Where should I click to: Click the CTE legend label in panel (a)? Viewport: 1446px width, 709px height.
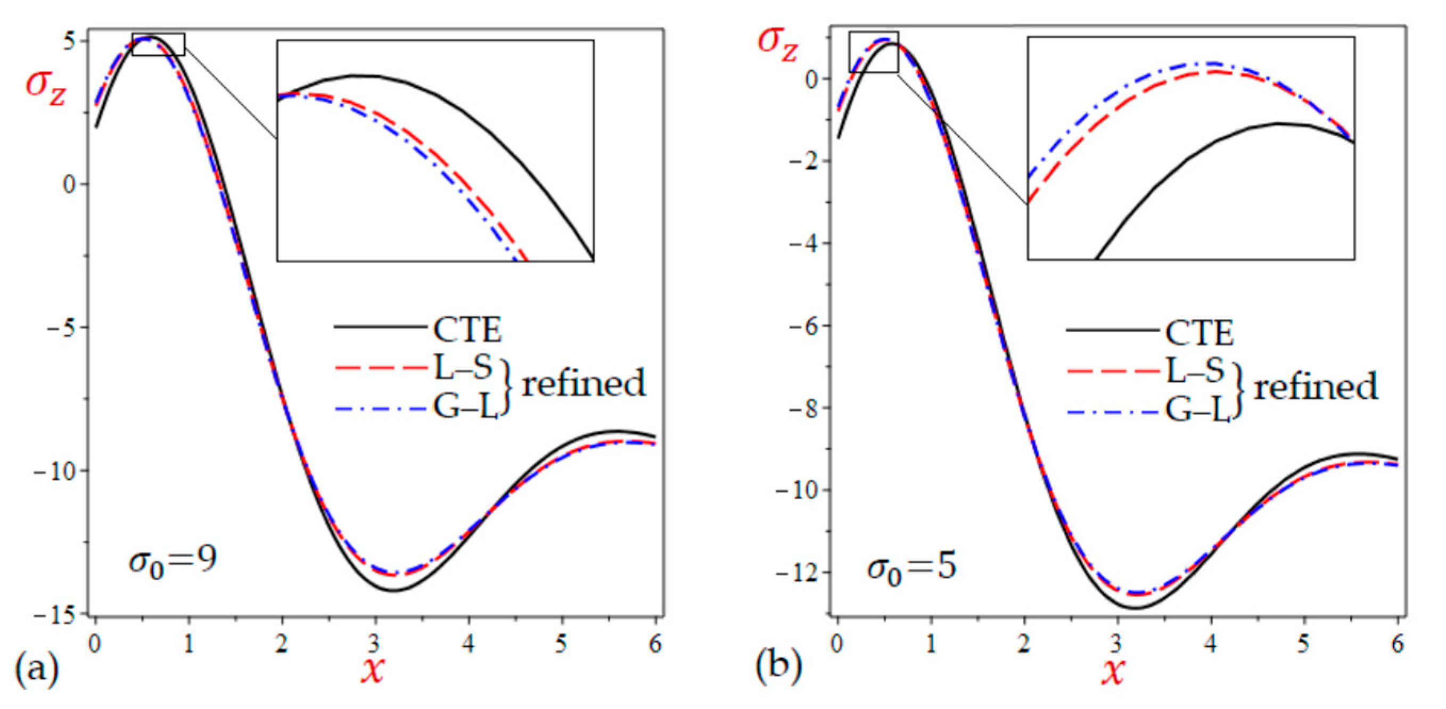pos(467,330)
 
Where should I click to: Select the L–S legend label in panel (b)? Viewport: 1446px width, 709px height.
pos(1196,371)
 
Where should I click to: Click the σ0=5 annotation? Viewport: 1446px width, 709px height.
pos(911,568)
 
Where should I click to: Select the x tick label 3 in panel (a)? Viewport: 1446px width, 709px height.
pos(375,644)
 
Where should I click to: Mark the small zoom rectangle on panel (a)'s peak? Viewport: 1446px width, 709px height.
pos(158,44)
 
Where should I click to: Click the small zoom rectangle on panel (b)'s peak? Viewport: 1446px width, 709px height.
pos(874,52)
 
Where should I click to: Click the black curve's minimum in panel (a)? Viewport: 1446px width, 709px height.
pos(393,590)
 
